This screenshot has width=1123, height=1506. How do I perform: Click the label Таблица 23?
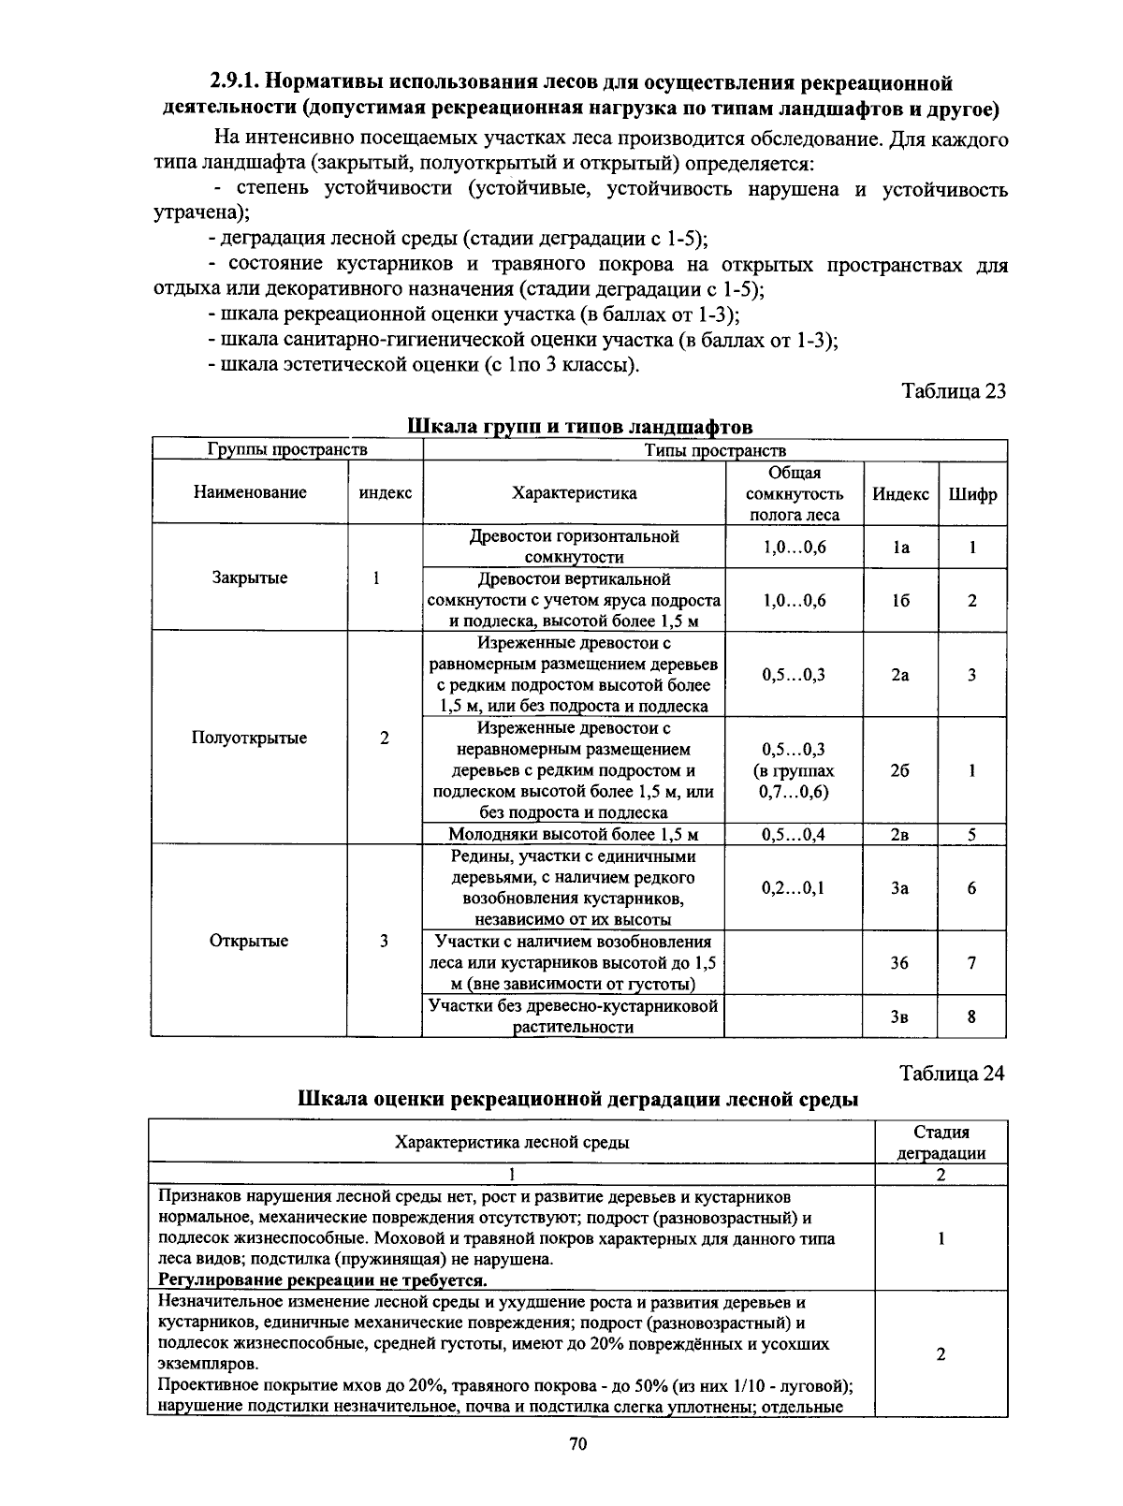[953, 391]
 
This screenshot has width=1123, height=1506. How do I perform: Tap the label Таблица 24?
[952, 1074]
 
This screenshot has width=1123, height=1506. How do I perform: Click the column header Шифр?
[972, 493]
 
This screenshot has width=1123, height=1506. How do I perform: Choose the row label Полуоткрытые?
[249, 738]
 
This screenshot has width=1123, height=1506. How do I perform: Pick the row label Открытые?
[249, 941]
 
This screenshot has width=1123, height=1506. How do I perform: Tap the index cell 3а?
[899, 887]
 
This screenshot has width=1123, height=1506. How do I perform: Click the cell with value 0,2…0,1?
[794, 887]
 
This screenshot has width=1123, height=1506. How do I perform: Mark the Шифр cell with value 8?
[972, 1016]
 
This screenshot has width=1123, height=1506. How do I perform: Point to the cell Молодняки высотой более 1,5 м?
[574, 835]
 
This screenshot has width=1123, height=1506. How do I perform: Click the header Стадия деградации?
[941, 1143]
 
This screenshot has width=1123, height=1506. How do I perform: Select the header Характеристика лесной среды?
[512, 1142]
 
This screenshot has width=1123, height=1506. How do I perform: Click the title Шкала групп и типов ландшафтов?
[580, 427]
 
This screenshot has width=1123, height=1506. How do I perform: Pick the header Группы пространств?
[287, 449]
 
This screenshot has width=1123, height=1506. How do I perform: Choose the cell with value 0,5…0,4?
[794, 835]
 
